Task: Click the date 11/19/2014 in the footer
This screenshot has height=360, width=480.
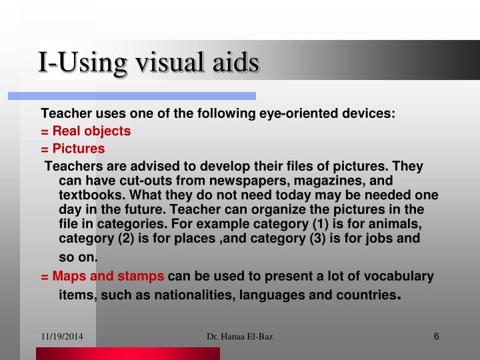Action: click(62, 337)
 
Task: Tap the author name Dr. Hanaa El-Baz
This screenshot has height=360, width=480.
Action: click(240, 337)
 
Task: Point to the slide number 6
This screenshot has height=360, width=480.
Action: click(436, 336)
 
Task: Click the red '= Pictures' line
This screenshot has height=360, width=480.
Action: click(73, 148)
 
